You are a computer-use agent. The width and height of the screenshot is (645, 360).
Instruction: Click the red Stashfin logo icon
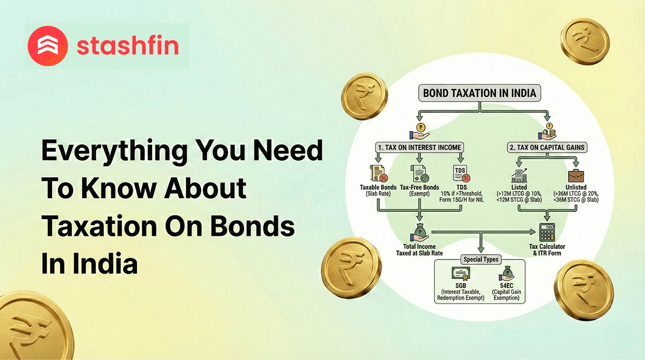47,45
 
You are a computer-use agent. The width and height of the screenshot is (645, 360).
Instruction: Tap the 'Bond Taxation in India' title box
479,93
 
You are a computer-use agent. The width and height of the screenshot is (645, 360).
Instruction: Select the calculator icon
547,232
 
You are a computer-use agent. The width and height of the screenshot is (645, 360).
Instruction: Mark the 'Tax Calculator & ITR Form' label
547,250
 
